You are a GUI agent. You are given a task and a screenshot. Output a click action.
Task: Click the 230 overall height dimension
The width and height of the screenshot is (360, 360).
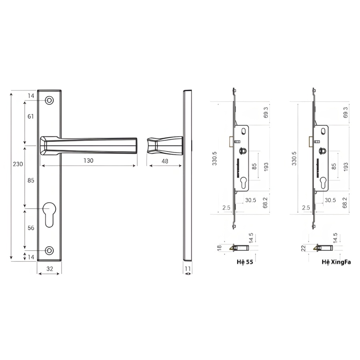18,164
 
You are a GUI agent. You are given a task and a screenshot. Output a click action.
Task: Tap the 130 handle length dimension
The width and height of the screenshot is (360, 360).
88,160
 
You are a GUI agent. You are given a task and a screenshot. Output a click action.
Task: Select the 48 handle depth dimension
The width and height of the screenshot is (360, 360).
165,161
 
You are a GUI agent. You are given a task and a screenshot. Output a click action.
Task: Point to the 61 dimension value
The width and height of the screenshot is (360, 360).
31,116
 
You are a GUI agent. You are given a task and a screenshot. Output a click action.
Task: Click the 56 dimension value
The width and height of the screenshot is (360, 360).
31,228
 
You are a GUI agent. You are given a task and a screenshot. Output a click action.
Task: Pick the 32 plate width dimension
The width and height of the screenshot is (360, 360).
50,269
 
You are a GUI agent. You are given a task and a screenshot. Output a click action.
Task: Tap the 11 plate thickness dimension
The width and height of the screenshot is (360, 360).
188,268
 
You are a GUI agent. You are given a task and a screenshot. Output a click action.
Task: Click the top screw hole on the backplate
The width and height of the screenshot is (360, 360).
49,100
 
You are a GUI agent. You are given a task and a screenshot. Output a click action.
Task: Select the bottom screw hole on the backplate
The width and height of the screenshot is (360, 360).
49,250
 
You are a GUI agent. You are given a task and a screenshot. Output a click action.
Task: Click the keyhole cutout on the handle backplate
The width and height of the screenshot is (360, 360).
49,215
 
